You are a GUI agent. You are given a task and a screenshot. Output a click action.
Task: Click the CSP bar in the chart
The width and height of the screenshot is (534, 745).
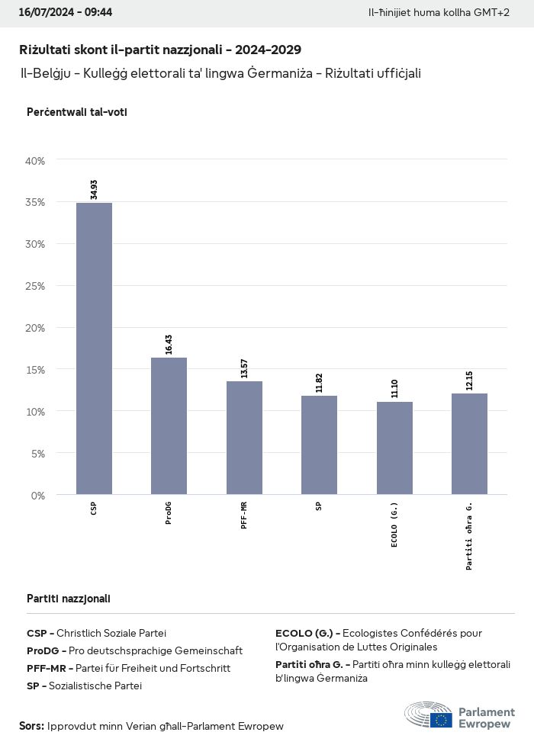coord(94,348)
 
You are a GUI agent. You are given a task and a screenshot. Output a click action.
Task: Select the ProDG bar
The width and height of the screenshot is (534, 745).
coord(169,425)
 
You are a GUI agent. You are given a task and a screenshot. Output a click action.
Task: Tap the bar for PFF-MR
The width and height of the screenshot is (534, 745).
coord(244,438)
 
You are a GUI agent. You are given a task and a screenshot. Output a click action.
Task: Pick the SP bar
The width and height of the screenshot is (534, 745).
coord(319,445)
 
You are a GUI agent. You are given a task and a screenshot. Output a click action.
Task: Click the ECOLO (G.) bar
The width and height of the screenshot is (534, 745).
coord(394,448)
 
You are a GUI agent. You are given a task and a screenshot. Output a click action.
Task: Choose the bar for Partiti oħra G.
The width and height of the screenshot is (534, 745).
coord(469,444)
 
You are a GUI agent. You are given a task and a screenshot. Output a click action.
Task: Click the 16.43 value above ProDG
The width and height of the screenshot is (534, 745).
coord(169,344)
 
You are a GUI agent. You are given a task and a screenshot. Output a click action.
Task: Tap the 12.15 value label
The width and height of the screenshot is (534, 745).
coord(469,380)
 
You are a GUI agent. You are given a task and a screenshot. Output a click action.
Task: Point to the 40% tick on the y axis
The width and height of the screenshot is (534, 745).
coord(36,161)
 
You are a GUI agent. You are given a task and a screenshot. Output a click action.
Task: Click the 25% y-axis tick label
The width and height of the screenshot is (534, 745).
coord(36,286)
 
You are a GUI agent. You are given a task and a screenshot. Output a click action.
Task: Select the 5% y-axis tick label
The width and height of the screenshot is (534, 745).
coord(38,453)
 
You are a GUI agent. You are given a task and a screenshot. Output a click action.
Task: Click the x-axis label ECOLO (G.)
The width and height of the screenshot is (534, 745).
coord(394,525)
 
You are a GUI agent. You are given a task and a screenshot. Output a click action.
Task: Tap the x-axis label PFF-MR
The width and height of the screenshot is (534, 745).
coord(244,516)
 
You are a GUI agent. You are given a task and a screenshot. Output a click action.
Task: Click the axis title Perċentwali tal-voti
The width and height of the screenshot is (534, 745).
coord(77,112)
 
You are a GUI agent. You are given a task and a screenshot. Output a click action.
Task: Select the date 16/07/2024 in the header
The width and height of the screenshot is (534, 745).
coord(43,13)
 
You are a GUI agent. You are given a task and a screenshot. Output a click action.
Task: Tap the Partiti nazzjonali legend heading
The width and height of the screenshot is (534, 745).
coord(69,599)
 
